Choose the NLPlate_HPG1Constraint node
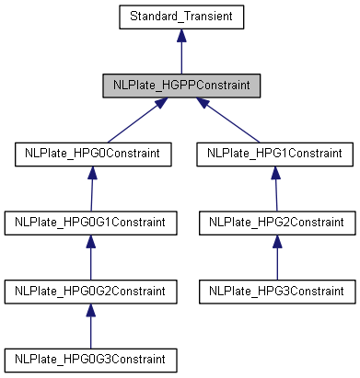[x=276, y=153]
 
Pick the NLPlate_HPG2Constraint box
[x=276, y=222]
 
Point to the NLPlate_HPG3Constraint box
[x=276, y=291]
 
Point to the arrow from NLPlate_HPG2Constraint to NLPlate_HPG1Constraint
[x=276, y=189]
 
